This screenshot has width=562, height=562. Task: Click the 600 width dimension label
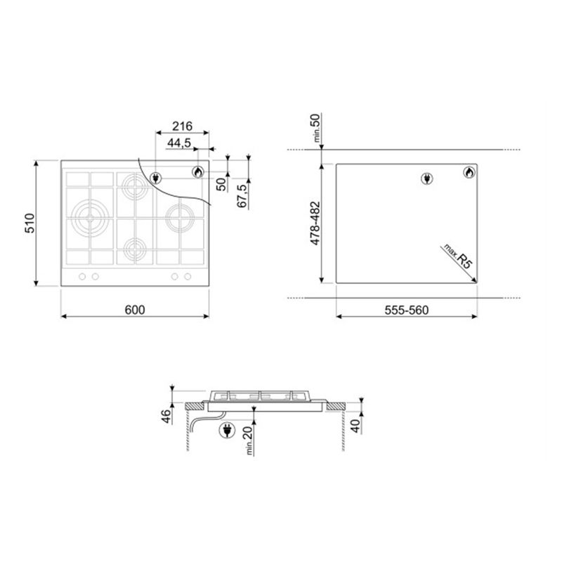[135, 310]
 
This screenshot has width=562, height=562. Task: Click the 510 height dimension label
[30, 223]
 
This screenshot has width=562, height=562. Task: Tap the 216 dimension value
[182, 126]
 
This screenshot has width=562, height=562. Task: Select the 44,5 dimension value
[179, 143]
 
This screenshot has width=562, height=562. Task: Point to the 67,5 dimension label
[242, 196]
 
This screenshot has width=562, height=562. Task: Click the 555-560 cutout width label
[407, 310]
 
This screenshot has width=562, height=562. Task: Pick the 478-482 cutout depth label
[315, 223]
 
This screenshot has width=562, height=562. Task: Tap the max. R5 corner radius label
[459, 256]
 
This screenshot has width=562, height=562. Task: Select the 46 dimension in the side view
[166, 416]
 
